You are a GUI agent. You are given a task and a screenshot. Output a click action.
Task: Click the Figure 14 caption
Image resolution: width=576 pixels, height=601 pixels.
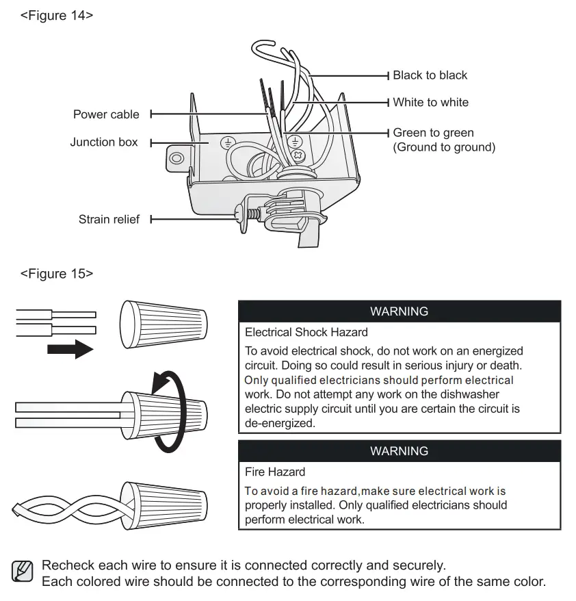[x=56, y=15]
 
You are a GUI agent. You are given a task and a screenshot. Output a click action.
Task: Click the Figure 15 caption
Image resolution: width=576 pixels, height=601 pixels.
[x=56, y=274]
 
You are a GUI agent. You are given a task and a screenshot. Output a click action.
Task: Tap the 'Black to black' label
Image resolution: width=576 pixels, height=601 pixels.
[x=430, y=75]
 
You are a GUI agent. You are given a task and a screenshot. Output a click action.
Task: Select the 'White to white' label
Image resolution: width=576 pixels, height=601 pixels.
[x=430, y=103]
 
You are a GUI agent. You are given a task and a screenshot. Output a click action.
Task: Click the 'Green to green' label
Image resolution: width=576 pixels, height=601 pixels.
[x=433, y=133]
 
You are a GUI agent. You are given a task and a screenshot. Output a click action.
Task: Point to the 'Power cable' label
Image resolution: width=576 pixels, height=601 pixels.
[x=106, y=114]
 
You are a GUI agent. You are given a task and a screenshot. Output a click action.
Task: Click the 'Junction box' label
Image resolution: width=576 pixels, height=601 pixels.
[x=103, y=142]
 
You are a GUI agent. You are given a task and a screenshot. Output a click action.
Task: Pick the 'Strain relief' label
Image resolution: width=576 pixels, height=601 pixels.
[x=109, y=220]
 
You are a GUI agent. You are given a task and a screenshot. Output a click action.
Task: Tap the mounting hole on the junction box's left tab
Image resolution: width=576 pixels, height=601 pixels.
[x=176, y=158]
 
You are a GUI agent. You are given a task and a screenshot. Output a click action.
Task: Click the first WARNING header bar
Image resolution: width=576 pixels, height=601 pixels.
[x=399, y=311]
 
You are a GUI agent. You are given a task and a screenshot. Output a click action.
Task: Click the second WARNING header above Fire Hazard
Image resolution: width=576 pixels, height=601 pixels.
[x=399, y=451]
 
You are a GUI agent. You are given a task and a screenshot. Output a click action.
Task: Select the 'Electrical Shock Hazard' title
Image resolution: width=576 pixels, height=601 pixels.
[x=306, y=333]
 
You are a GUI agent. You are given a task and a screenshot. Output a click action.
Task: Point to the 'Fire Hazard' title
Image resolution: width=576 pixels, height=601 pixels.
[x=275, y=472]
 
